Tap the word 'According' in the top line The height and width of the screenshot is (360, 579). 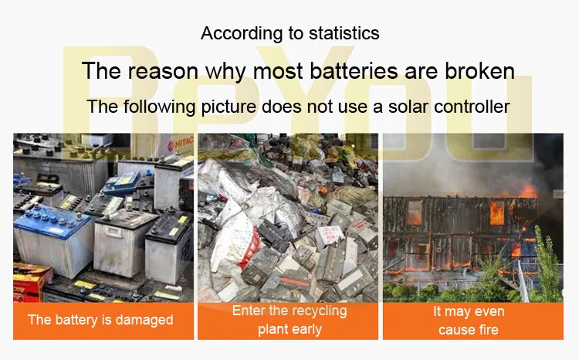point(238,33)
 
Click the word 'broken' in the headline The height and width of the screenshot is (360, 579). point(479,71)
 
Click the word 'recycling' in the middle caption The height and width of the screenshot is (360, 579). point(317,311)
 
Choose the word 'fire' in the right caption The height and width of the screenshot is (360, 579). point(487,330)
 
